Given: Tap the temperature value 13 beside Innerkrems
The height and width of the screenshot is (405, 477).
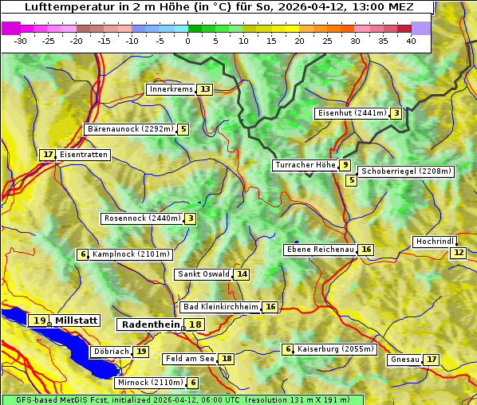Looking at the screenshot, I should point(206,89).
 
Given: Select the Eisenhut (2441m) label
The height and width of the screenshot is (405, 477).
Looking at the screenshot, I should point(352,113).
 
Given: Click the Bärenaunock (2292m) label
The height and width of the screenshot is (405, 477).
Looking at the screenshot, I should point(129,129).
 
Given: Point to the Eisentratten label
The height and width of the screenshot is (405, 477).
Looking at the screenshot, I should point(83,155).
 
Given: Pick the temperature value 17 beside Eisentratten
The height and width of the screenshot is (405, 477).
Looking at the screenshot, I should point(48,155).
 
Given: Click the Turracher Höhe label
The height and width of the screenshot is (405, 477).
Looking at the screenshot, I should point(305,165).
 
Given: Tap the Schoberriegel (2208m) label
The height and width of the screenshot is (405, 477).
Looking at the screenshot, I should point(406,171).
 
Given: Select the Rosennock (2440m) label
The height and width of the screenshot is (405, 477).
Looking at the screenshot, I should point(143,218).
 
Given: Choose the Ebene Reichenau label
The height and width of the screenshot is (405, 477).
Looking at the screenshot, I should point(320,250).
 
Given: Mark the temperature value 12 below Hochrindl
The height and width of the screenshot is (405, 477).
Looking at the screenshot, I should point(458,253).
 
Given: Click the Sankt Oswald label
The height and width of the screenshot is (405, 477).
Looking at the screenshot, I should point(203,274).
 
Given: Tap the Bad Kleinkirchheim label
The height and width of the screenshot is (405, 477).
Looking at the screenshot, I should point(220,307).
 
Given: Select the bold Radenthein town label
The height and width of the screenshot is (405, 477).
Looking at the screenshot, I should point(151,324).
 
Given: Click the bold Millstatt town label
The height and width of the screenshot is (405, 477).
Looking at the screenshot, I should point(76,320).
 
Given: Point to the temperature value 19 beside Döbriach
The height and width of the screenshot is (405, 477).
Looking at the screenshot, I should point(141,351).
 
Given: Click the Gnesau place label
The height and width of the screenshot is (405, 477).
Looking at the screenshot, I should point(404,360).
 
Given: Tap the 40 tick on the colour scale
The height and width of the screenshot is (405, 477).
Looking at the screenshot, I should point(411,41).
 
